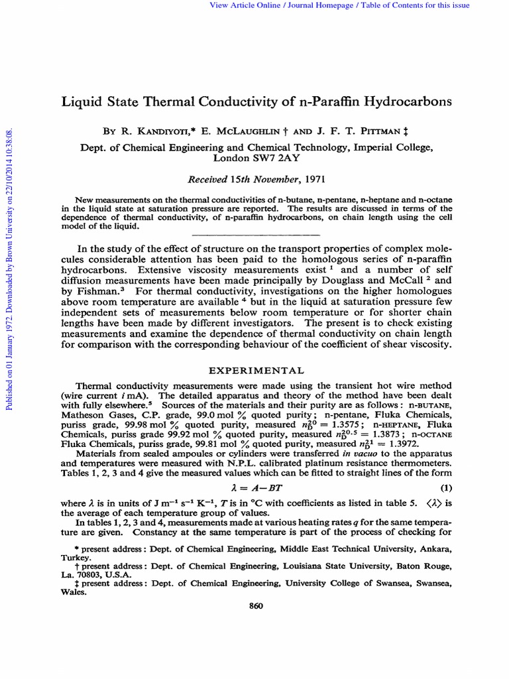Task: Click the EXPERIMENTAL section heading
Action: [x=257, y=370]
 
